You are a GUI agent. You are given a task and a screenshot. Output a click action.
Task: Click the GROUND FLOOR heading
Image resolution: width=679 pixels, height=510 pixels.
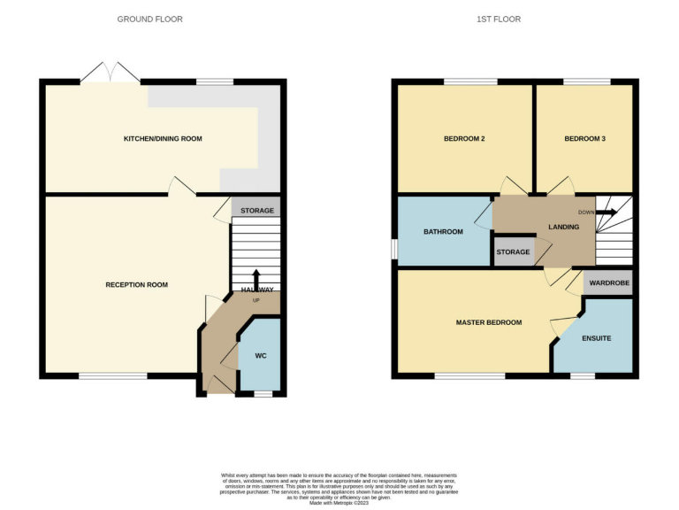pos(150,19)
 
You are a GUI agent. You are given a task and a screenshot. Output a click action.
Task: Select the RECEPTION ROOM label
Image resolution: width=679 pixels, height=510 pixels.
pos(136,284)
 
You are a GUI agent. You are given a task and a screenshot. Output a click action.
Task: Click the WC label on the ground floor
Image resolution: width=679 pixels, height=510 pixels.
pos(261,356)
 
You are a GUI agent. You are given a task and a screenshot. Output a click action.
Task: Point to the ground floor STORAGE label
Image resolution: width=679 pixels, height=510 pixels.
pos(257,211)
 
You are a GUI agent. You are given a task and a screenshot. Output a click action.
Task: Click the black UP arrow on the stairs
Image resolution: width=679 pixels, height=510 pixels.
pos(256,278)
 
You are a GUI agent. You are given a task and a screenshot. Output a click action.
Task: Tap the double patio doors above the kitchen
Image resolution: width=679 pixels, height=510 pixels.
pos(111,73)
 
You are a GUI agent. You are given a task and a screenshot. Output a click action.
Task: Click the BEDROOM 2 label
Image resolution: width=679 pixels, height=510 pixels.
pos(464,139)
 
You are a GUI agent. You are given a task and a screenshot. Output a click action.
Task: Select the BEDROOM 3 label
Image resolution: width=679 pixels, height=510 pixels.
pos(584,139)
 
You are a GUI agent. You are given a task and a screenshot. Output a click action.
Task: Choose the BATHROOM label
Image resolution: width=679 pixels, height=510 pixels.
pos(443,232)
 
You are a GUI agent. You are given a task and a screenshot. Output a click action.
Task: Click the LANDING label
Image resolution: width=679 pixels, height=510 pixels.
pos(563,227)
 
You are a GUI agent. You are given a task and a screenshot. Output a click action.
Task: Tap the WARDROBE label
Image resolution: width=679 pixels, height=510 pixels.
pos(608,283)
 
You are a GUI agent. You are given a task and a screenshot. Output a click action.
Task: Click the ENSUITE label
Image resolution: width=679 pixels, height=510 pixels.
pos(596,339)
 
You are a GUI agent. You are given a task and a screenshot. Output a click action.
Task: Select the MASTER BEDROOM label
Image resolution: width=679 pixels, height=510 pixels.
pos(488,322)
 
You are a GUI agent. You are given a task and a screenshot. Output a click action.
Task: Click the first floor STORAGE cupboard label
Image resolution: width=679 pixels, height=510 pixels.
pos(513,252)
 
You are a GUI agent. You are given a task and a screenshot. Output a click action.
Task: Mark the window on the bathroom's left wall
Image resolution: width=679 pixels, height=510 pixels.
pos(394,250)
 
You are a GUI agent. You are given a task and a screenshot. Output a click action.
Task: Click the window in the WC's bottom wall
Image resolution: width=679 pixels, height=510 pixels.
pos(263,392)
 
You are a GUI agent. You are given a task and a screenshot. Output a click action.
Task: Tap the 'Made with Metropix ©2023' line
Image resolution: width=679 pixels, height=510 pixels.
pos(339,503)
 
